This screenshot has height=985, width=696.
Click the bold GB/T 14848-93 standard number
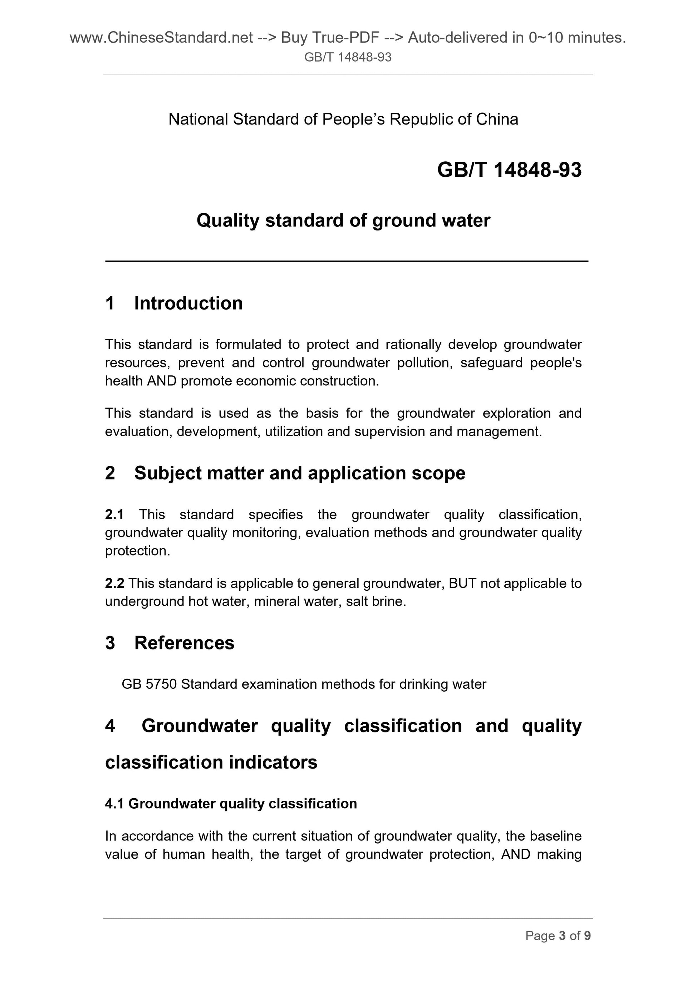coord(509,170)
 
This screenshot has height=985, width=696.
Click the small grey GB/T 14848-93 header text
coord(348,58)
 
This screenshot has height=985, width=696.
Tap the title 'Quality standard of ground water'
coord(343,220)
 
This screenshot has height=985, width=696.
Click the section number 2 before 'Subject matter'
coord(110,473)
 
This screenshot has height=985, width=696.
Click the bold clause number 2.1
coord(114,515)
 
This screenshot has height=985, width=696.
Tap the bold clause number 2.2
coord(114,584)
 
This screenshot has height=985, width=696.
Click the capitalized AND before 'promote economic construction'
coord(162,381)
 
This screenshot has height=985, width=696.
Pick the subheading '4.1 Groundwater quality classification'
coord(231,804)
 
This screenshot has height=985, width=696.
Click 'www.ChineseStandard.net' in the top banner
coord(161,38)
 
